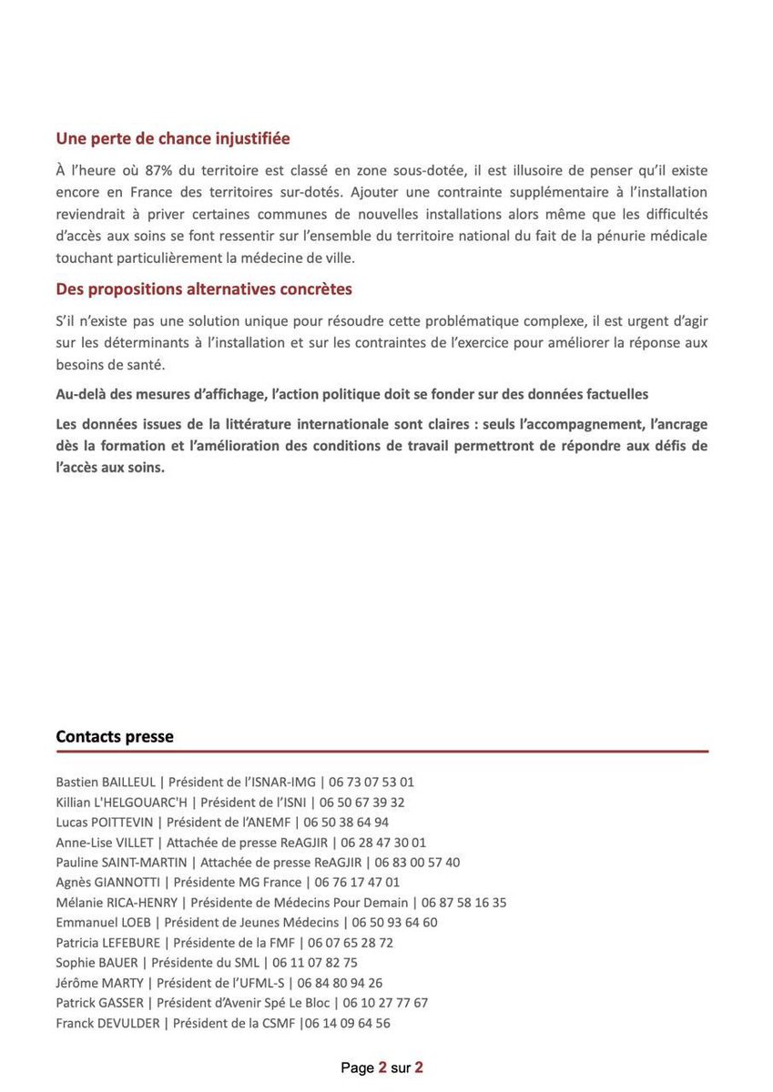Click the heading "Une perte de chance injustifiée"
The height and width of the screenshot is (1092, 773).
pyautogui.click(x=173, y=139)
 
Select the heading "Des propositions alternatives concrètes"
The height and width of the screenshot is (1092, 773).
pyautogui.click(x=204, y=289)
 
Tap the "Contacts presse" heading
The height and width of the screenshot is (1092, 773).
pyautogui.click(x=115, y=736)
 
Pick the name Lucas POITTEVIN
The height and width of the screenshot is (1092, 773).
pyautogui.click(x=105, y=822)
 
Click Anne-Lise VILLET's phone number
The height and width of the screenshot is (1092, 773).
pyautogui.click(x=383, y=843)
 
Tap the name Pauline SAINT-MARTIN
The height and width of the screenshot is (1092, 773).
pyautogui.click(x=121, y=863)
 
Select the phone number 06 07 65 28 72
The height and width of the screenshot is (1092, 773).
pyautogui.click(x=351, y=943)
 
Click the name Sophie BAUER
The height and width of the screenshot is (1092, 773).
pyautogui.click(x=97, y=963)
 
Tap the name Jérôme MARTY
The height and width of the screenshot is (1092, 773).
pyautogui.click(x=100, y=983)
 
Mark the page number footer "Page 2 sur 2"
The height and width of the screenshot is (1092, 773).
pyautogui.click(x=381, y=1067)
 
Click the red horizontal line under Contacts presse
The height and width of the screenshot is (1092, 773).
pyautogui.click(x=381, y=752)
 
